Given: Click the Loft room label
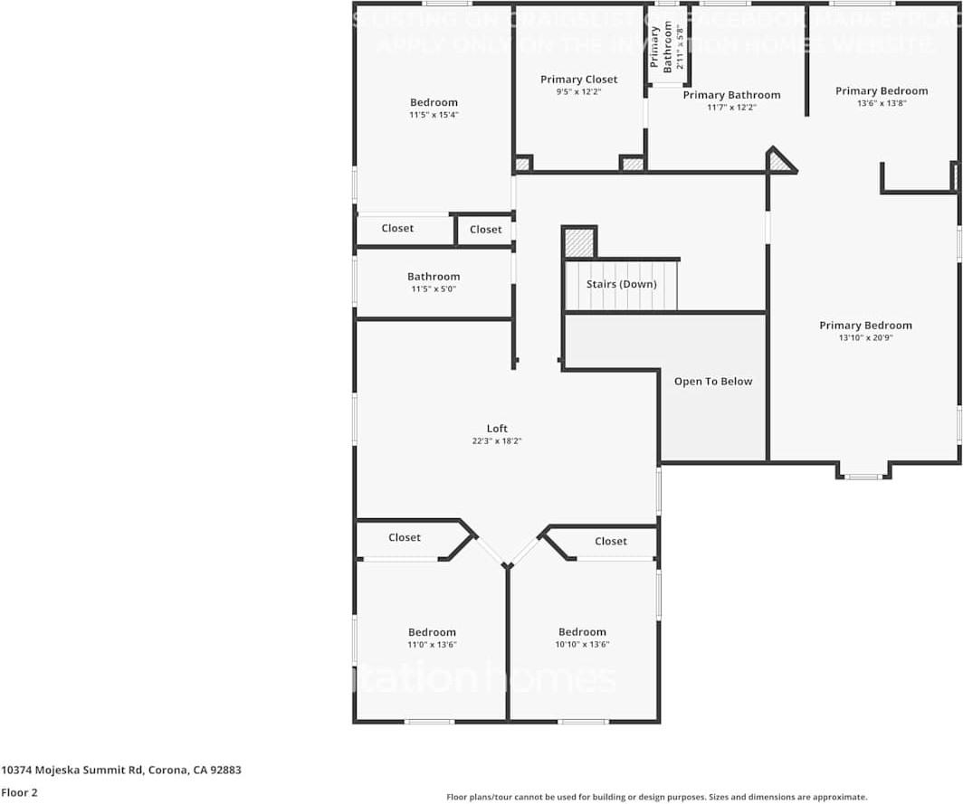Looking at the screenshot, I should [497, 429].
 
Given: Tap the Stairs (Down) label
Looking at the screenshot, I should [621, 284].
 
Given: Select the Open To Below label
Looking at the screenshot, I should [713, 382].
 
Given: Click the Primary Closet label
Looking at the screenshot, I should [579, 80].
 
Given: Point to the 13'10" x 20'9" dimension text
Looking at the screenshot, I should [865, 338].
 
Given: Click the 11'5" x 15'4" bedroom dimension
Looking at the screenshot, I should [434, 115].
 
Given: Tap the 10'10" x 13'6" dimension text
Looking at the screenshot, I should [582, 645].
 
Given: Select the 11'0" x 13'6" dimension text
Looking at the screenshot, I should [432, 645].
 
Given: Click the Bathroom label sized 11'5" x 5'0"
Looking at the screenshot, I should [434, 277].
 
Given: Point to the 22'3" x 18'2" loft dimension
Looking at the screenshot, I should [497, 441].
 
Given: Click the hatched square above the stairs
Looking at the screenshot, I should [579, 242].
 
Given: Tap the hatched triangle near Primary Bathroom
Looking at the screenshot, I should [777, 162].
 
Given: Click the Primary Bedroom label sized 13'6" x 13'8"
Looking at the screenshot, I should [882, 90].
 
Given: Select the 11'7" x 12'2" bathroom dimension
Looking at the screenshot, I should [731, 108].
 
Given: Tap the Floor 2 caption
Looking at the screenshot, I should [19, 792].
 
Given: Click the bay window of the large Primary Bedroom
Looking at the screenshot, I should [863, 472].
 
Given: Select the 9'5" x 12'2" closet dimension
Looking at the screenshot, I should [579, 91].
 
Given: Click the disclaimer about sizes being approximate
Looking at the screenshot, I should [657, 797].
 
